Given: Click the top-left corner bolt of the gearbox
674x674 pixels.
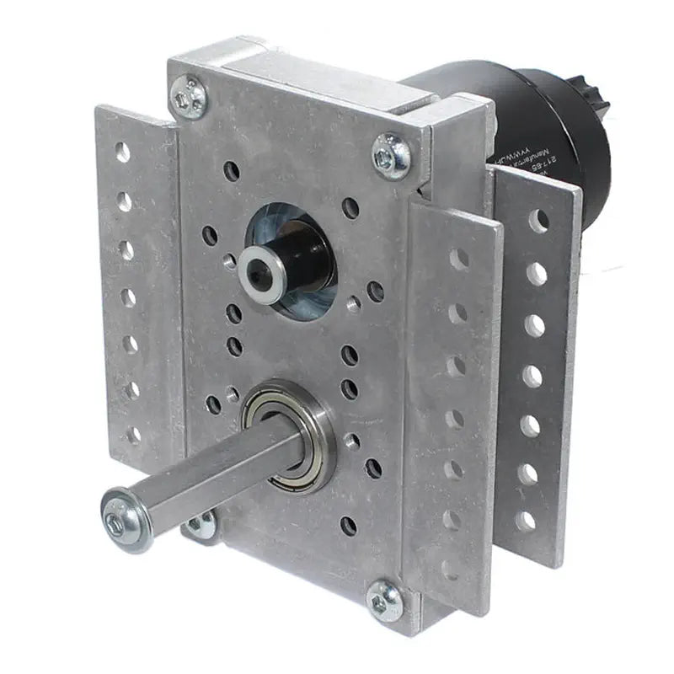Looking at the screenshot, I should tap(190, 99).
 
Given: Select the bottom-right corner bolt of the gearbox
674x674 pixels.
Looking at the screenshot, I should tap(386, 601).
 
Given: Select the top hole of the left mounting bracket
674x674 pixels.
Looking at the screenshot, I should tap(123, 152).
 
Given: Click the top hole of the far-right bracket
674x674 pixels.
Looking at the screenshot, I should tap(538, 220).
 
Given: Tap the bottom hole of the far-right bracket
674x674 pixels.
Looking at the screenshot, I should tap(525, 522).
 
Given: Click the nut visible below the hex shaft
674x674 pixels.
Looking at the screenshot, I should tap(200, 527).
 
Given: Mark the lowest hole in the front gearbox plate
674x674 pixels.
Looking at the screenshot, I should tap(349, 526).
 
